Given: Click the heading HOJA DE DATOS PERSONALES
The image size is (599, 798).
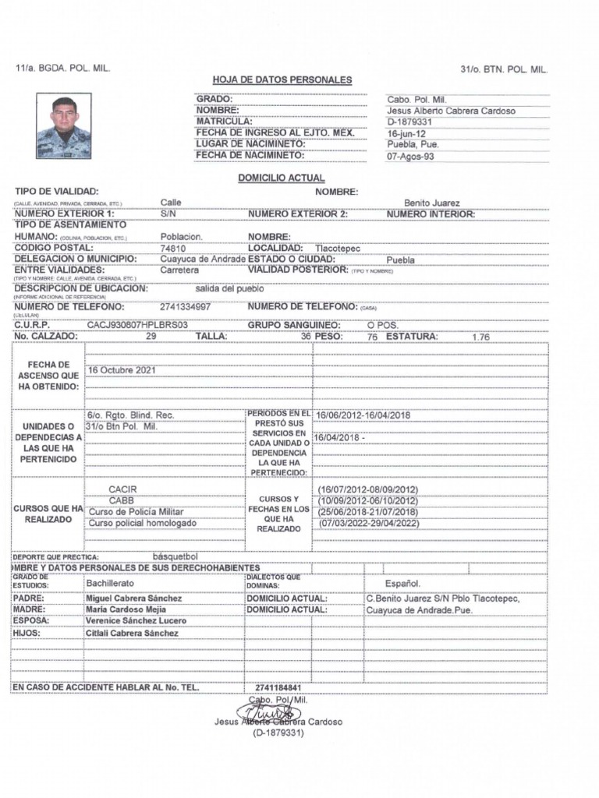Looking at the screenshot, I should (x=282, y=80).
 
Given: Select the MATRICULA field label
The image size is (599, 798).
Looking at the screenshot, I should (x=224, y=122).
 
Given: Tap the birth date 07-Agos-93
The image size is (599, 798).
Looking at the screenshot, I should (x=411, y=156).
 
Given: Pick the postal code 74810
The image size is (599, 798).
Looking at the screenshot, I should (x=173, y=249).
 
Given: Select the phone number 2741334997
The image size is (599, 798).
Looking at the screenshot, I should (x=185, y=307).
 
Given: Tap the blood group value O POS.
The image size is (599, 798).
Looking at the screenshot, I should (x=382, y=324).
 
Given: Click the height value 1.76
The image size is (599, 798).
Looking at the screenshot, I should (x=481, y=337).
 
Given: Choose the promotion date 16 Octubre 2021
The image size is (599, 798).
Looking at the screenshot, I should (x=122, y=370).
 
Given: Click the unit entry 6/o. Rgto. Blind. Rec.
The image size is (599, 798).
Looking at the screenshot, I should (x=130, y=415).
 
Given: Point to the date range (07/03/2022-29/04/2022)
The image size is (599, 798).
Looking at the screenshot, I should (x=369, y=523).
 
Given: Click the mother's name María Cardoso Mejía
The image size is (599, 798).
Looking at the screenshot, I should (x=133, y=609).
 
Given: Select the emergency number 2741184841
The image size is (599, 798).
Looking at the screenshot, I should (x=278, y=687).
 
